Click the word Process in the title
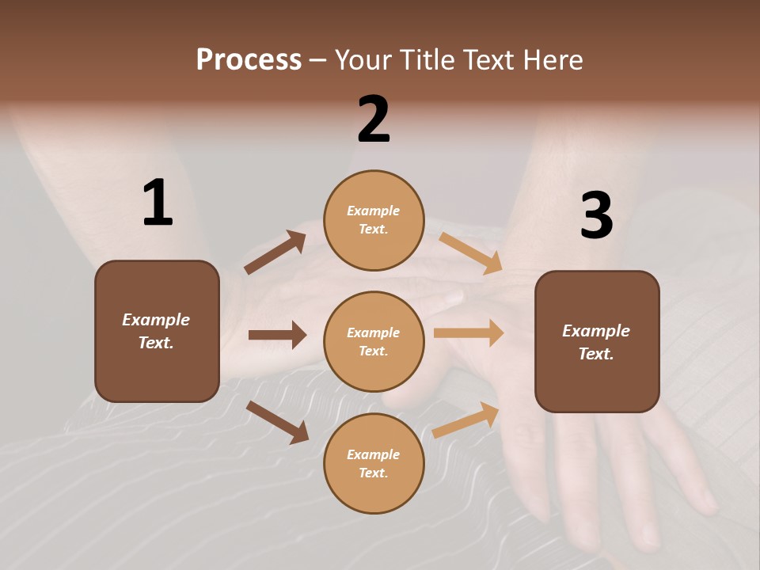click(x=249, y=60)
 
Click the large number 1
click(x=157, y=203)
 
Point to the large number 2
click(x=374, y=120)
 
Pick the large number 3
click(x=596, y=215)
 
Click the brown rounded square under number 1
click(x=157, y=331)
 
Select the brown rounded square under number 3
click(x=597, y=342)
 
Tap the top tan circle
click(x=374, y=220)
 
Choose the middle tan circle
click(x=374, y=342)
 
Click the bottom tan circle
click(x=374, y=464)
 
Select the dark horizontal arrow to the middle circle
click(x=277, y=335)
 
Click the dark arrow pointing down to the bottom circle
click(x=277, y=422)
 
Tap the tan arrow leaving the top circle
click(x=471, y=253)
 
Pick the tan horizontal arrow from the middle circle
click(x=469, y=333)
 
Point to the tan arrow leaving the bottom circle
click(x=466, y=420)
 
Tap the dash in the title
click(x=318, y=60)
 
